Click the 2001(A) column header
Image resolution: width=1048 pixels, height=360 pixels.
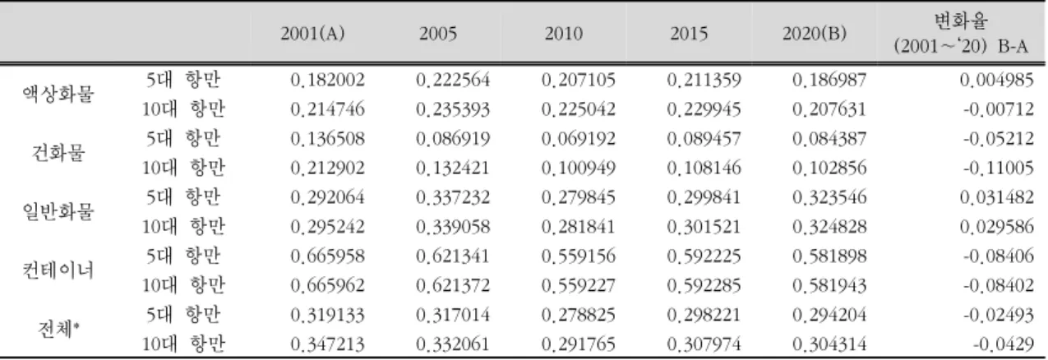(x=312, y=34)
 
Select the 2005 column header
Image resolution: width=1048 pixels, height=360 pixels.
(x=438, y=34)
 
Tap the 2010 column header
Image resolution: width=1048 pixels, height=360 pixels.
(x=563, y=34)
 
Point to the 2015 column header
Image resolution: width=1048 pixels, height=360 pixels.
(x=689, y=34)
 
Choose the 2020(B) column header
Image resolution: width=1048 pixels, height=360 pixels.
(x=815, y=34)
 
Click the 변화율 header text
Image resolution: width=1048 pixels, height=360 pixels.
(x=961, y=21)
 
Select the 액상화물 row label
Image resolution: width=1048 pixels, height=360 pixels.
(x=58, y=94)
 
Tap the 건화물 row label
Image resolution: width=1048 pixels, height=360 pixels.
(x=58, y=153)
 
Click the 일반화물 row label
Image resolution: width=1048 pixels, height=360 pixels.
(x=58, y=212)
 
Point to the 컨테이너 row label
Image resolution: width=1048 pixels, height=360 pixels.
(x=58, y=270)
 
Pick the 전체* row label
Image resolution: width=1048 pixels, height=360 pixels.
(x=58, y=329)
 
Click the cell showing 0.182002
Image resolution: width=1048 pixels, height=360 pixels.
(x=327, y=80)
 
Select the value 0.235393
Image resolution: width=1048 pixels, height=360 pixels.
(x=453, y=109)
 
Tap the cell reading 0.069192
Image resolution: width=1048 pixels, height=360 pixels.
(x=579, y=139)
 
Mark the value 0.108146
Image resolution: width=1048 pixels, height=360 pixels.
(x=704, y=168)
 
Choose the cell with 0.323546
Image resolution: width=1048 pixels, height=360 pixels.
(x=829, y=197)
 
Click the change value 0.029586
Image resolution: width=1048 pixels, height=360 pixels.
(x=996, y=227)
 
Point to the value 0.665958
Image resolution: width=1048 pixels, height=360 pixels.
(x=327, y=256)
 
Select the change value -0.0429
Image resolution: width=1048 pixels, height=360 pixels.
(x=1004, y=344)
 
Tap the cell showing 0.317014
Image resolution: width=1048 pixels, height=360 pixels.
(x=453, y=315)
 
